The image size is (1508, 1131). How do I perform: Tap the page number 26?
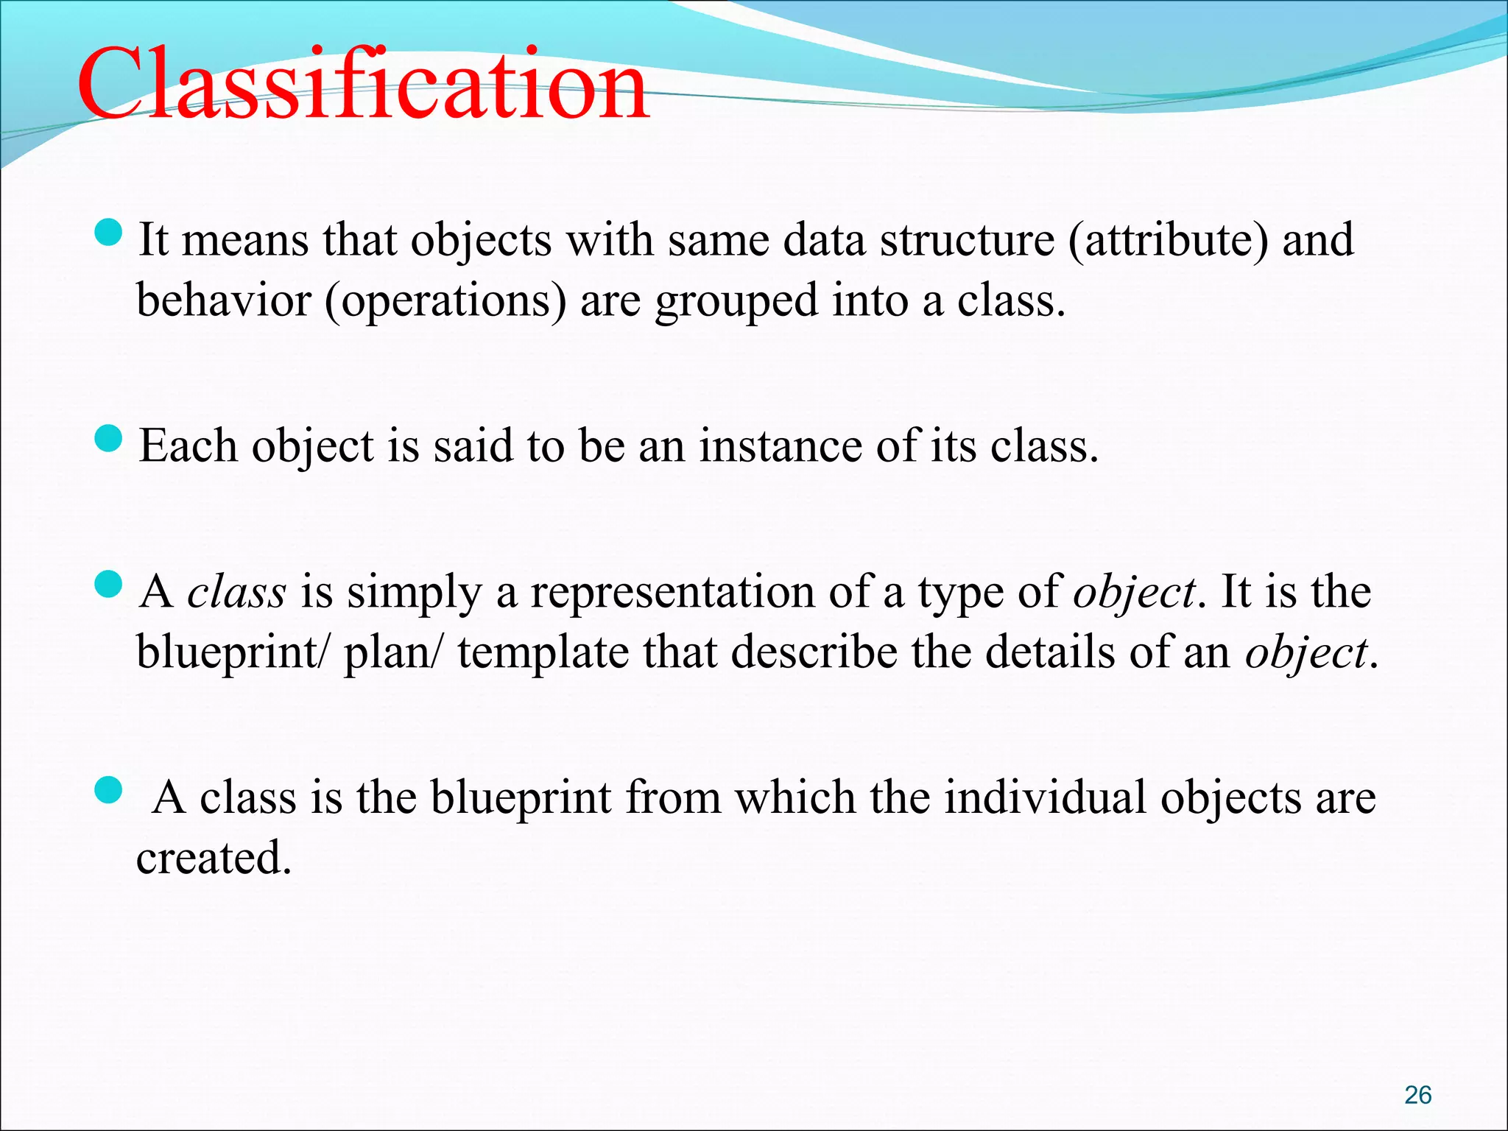point(1417,1095)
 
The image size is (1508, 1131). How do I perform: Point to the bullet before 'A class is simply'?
point(108,585)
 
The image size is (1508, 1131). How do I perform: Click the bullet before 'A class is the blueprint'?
point(108,792)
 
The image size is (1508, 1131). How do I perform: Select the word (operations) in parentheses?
point(445,302)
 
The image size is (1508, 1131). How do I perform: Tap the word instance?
point(779,446)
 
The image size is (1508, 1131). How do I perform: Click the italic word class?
point(236,593)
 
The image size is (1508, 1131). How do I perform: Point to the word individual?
point(1045,798)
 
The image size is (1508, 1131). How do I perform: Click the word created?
point(213,859)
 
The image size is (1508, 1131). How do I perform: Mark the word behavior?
point(224,300)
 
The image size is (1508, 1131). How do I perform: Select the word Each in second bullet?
point(188,446)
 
